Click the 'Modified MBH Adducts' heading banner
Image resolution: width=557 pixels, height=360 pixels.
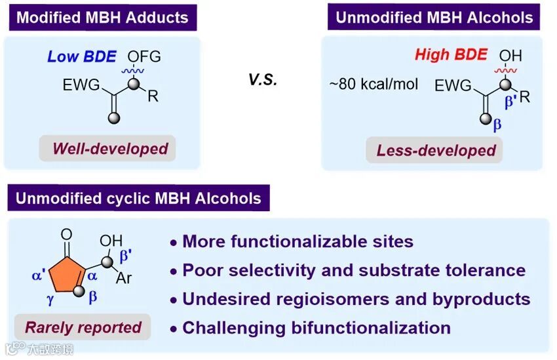[102, 17]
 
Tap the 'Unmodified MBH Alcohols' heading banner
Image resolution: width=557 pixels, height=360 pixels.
[433, 17]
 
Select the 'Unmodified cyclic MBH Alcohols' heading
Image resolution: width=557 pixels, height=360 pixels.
[138, 197]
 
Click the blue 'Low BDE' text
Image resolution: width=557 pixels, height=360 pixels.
[81, 56]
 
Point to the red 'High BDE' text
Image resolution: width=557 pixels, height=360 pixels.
[451, 54]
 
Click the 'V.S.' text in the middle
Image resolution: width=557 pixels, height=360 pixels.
[263, 81]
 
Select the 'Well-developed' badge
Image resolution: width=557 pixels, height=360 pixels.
[110, 148]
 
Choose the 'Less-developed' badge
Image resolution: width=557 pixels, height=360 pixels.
[436, 150]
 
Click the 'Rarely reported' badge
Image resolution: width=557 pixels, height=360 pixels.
[83, 327]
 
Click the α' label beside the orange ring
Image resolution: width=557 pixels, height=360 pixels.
[37, 277]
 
